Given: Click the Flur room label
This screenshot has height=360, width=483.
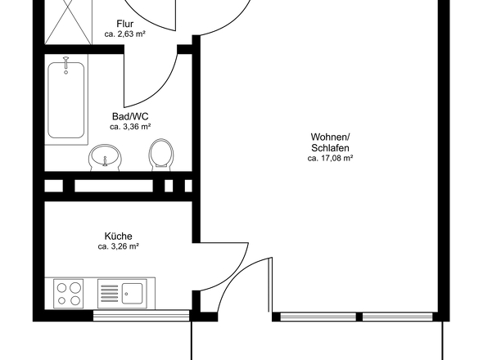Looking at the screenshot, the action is (124, 24).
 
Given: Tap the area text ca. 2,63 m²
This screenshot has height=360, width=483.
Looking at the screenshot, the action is (124, 34).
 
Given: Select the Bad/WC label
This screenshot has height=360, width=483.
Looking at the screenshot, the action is (130, 116).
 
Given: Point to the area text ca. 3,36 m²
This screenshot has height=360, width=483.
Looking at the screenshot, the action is (130, 127).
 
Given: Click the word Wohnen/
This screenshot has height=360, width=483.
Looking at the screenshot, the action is (330, 137).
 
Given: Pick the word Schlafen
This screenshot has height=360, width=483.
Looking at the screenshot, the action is (330, 148).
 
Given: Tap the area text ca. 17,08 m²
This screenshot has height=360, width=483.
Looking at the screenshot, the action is (330, 158).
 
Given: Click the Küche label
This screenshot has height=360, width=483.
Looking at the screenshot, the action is (118, 236).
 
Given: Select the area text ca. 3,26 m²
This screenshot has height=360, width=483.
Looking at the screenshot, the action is (118, 246).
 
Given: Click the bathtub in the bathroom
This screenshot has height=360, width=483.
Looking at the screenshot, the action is (66, 100).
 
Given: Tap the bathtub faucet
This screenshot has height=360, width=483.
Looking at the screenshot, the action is (65, 65).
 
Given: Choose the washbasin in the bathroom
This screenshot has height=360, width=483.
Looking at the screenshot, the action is (106, 157).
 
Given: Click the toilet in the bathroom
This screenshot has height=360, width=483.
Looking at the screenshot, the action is (160, 155).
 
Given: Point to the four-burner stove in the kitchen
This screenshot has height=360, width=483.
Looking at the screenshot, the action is (69, 294).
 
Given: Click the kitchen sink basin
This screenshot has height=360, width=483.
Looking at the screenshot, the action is (132, 294).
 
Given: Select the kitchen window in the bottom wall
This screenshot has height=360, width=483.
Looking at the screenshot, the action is (141, 316).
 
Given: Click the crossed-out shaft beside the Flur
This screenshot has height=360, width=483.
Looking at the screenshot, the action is (68, 22).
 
